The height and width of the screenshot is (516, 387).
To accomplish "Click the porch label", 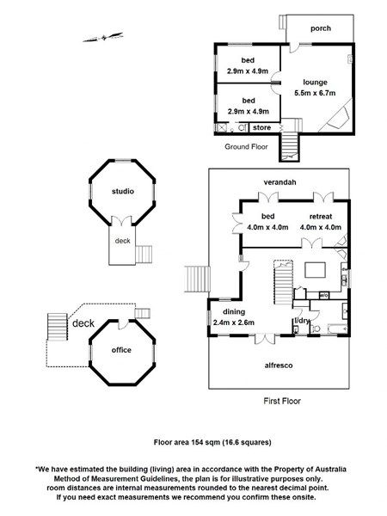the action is pos(321,28).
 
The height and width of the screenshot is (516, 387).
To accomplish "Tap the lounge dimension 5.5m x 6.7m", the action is pos(315,93).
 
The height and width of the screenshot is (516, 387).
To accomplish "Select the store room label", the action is pos(262,127).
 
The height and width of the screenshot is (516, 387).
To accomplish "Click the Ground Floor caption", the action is pos(246,147).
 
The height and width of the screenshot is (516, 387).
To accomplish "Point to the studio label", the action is pos(123,191).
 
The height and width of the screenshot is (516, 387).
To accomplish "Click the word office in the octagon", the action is pos(121,350).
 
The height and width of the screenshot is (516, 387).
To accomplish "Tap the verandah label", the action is pos(279,182).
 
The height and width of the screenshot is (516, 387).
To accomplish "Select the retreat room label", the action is pos(321,217).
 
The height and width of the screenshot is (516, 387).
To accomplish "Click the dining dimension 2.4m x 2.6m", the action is pos(234,322).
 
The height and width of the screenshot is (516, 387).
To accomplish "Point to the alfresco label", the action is pos(279,365).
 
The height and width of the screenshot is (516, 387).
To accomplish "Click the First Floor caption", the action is pos(282,401).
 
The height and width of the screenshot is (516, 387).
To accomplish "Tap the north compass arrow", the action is pos(103,37).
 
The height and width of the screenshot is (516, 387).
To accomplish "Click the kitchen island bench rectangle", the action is pos(315,270).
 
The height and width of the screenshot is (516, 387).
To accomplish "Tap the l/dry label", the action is pos(302,321).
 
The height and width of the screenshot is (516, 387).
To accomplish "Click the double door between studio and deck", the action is pos(122,221).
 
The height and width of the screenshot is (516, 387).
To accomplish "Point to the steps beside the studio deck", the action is pos(144,255).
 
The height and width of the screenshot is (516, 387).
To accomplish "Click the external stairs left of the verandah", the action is pos(197,279).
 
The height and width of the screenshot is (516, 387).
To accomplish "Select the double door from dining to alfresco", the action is pos(265,339).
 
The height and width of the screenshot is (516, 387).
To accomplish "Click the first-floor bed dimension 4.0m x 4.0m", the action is pos(267,227).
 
